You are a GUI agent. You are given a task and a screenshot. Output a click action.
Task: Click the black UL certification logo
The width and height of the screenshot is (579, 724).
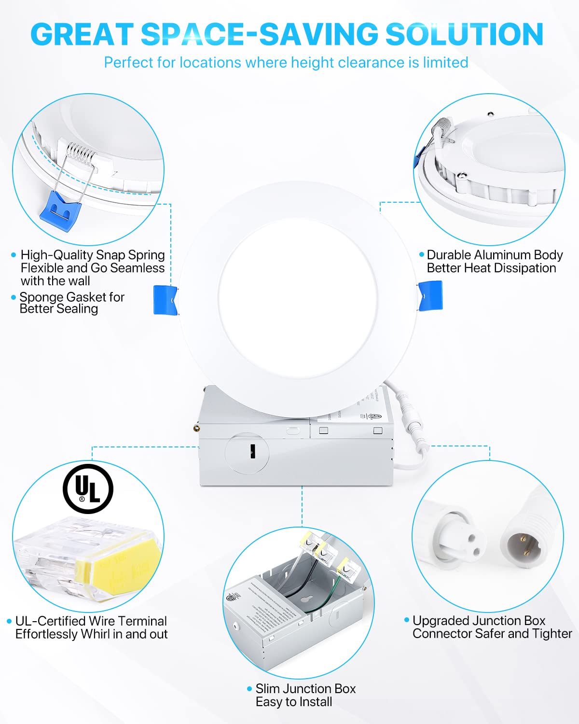coord(88,488)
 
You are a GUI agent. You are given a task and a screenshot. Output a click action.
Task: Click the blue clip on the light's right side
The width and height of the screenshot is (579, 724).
coord(430,296)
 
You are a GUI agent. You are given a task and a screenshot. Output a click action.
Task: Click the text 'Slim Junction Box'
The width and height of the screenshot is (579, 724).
coord(305,689)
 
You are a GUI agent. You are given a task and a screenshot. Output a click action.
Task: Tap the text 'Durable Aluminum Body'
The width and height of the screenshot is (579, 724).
coord(495,255)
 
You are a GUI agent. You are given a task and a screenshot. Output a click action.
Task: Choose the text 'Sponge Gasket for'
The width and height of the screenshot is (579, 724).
coord(72,297)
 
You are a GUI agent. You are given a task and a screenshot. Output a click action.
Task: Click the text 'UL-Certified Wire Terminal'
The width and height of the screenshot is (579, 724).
coord(91,621)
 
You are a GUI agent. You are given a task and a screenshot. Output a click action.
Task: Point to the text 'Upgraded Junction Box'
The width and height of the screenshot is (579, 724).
coord(479,621)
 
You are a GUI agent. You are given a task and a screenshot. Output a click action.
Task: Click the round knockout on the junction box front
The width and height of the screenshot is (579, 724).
coord(247,452)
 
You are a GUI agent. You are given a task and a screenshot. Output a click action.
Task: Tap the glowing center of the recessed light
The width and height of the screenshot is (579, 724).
coord(298,300)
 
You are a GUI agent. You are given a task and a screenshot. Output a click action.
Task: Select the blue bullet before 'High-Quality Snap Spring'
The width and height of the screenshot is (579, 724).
coord(14,255)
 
